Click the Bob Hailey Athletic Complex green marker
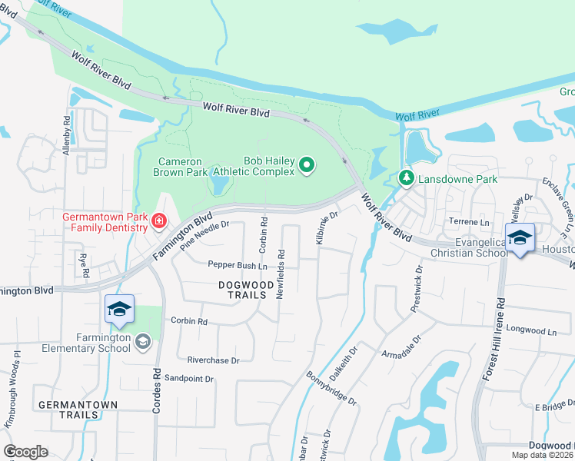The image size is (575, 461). click(x=307, y=165)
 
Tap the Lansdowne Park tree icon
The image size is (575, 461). click(x=407, y=179)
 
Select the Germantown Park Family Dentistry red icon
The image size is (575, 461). click(x=159, y=221)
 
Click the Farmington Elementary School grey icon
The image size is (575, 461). click(x=142, y=341)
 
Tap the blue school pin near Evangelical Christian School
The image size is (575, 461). click(x=520, y=238)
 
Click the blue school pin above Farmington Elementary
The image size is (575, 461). click(x=119, y=310)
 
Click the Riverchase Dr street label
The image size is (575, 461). click(x=213, y=360)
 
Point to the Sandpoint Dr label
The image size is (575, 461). click(x=188, y=379)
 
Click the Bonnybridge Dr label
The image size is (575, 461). click(x=332, y=390)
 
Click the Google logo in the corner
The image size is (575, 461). click(x=25, y=451)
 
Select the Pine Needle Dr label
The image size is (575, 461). click(x=205, y=236)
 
